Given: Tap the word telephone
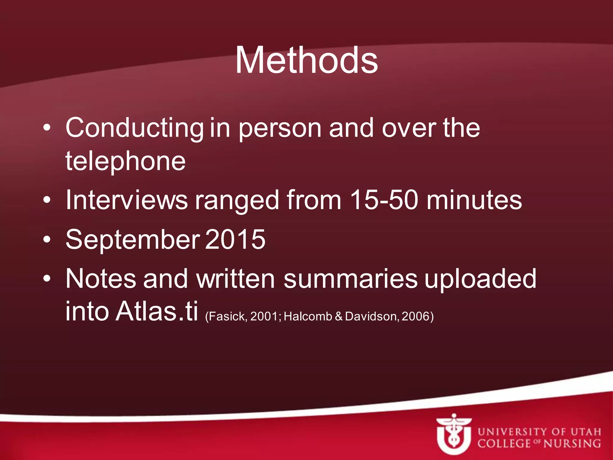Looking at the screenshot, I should coord(125,162).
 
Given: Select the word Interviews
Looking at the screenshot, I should coord(127,200).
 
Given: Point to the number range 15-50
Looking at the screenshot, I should coord(384,200).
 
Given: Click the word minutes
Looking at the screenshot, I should coord(474,200).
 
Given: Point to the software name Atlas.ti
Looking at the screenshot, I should coord(157,311).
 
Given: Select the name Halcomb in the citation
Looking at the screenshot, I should coord(308,317).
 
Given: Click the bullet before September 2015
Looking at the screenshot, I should coord(47,240).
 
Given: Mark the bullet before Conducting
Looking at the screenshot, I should coord(47,128).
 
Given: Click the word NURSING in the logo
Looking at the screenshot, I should coord(572,444).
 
